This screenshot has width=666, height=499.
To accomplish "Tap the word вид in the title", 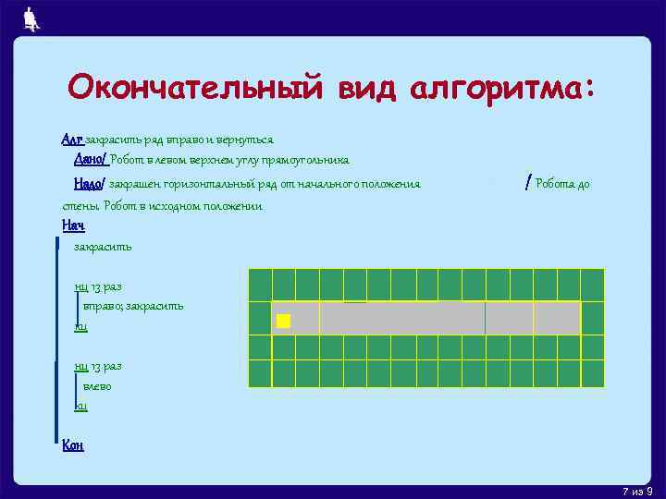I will point(362,89).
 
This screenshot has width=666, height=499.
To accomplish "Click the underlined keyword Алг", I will point(72,140).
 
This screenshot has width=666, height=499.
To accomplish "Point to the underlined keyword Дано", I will point(90,159).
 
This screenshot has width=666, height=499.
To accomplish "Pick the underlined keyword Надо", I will point(90,184).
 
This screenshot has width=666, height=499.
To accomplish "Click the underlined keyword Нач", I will point(72,225).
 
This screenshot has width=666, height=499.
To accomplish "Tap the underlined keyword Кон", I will point(72,445).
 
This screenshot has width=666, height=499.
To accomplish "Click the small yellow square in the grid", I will point(283,321).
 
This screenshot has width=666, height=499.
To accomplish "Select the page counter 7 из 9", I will point(637,490).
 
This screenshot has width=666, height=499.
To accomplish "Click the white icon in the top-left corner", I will point(31,18).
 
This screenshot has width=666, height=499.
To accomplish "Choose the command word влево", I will point(96,386).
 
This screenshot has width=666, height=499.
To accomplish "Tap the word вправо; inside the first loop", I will point(103,306).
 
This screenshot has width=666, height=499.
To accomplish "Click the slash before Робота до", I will point(527,183).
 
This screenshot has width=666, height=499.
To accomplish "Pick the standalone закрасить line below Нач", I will point(103,247).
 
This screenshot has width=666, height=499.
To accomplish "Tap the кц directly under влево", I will point(80,406).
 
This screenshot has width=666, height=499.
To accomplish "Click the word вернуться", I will point(244,140).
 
